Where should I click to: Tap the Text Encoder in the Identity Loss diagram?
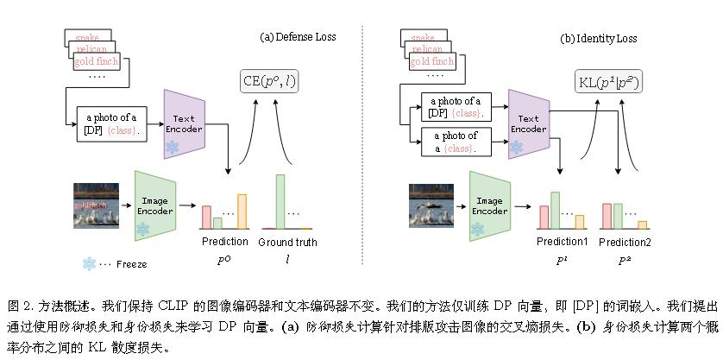point(527,124)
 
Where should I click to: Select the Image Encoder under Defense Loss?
point(155,205)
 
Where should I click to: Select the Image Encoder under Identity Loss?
point(489,205)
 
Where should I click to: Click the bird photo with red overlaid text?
point(95,205)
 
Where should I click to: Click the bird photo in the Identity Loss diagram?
point(431,205)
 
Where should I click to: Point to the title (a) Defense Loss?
point(299,37)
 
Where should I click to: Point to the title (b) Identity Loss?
point(598,39)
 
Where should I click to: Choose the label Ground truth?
point(287,242)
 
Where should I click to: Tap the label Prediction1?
point(562,242)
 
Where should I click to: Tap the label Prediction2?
point(625,243)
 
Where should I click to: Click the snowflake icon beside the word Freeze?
point(89,263)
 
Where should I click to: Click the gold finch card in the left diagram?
point(95,62)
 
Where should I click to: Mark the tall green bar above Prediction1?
point(556,210)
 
